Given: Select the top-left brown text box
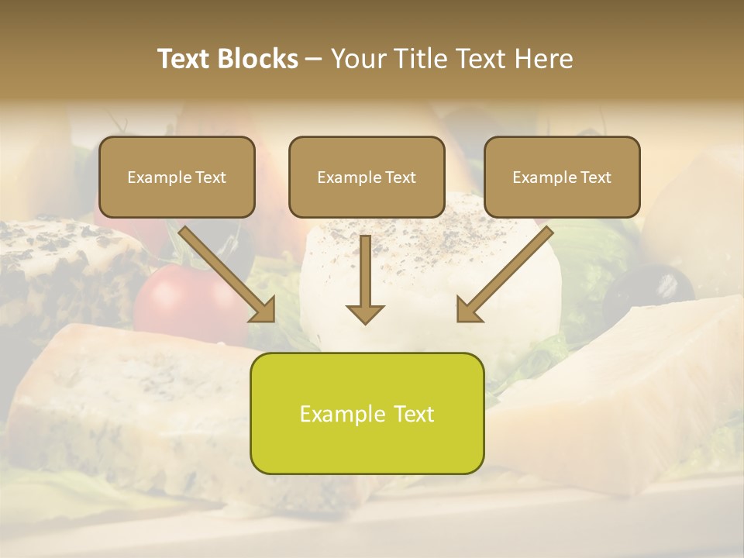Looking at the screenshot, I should click(177, 177).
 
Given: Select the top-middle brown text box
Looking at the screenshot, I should click(367, 177).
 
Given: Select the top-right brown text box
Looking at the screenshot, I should click(562, 177).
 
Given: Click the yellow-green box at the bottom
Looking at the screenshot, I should click(367, 413).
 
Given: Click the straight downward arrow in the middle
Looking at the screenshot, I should click(365, 279).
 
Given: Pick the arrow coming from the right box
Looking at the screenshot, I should click(505, 275).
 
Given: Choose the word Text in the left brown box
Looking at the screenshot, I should click(210, 177).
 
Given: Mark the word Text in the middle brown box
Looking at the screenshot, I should click(401, 177).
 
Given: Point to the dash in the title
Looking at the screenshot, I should click(314, 60).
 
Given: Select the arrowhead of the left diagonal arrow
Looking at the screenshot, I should click(263, 310).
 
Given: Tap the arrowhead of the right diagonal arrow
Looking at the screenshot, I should click(468, 310).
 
